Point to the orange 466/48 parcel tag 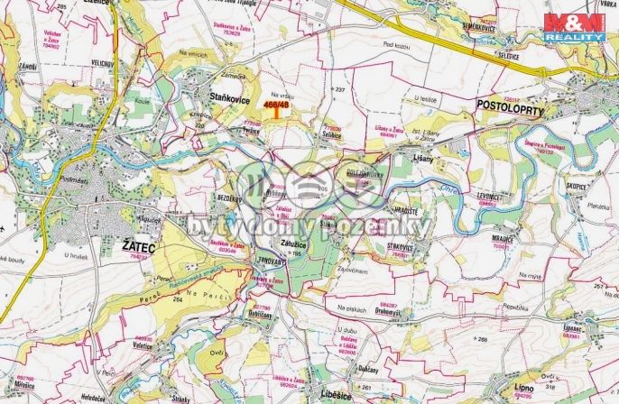tap(276, 106)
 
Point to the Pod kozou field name tap(397, 69)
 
